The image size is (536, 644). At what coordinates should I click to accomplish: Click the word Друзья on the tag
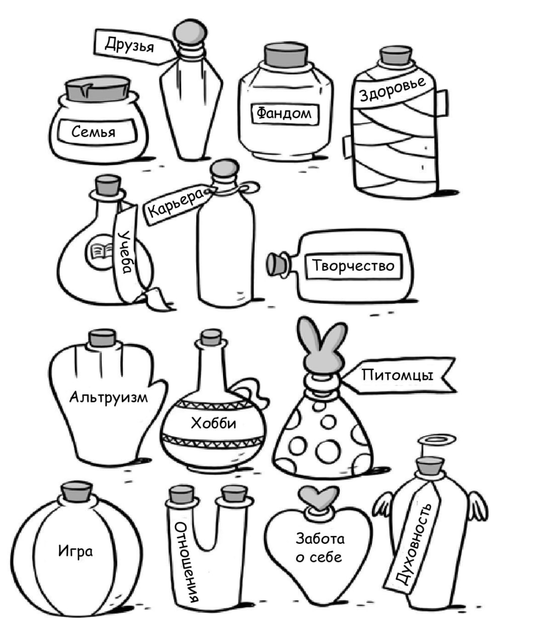129,45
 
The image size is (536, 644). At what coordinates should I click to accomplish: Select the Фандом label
284,114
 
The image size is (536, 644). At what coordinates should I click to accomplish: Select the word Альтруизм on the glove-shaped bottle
109,397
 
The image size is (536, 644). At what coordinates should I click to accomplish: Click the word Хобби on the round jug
213,423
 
